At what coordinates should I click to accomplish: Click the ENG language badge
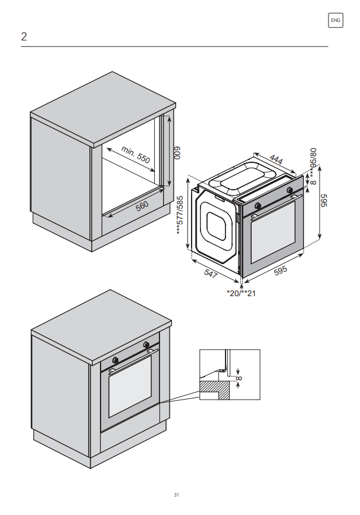click(336, 20)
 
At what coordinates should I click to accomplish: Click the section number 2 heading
click(24, 36)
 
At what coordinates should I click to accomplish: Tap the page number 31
click(177, 495)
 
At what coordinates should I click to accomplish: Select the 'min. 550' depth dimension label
click(136, 155)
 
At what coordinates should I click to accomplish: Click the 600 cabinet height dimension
click(177, 153)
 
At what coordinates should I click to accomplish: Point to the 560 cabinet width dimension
click(142, 206)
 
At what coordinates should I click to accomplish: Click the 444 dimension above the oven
click(276, 159)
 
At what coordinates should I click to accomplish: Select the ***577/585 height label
click(180, 215)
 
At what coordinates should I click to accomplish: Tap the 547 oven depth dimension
click(211, 274)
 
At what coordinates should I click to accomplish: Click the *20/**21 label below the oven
click(241, 293)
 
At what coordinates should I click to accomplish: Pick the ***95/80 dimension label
click(313, 162)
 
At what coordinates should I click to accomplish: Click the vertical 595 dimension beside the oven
click(324, 200)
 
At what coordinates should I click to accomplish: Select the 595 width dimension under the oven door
click(280, 271)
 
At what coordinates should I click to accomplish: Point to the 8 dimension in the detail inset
click(239, 378)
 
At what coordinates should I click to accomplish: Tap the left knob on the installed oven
click(115, 360)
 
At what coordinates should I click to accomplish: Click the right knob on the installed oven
click(146, 344)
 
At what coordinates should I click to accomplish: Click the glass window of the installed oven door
click(130, 387)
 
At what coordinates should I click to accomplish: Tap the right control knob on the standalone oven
click(290, 190)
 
